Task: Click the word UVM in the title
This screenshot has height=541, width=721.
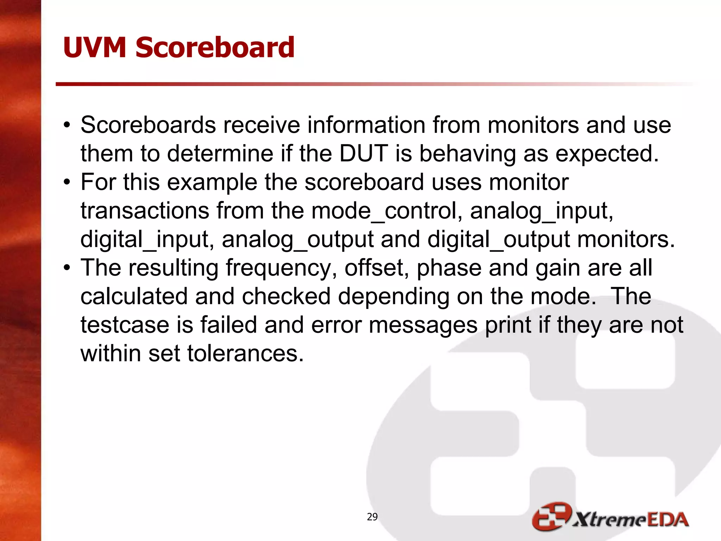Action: tap(94, 48)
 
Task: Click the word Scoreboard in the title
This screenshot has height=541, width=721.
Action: tap(215, 48)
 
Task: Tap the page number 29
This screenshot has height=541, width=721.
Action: tap(372, 517)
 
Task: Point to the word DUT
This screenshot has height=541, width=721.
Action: tap(364, 154)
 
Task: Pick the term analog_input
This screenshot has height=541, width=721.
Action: tap(541, 211)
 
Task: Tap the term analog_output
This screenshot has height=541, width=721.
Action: tap(297, 239)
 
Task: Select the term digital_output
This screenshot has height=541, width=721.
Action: tap(499, 239)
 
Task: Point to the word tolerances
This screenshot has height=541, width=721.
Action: tap(245, 353)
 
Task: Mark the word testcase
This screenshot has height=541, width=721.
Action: tap(125, 325)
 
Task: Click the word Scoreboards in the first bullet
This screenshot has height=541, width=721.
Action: tap(148, 125)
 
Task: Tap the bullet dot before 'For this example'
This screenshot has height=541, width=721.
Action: tap(67, 182)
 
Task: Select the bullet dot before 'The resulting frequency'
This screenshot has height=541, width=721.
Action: tap(67, 268)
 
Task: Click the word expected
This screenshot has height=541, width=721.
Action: tap(607, 154)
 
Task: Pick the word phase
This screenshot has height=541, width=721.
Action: tap(449, 268)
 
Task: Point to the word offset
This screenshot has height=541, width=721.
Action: tap(376, 268)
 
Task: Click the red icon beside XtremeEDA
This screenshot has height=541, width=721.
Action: tap(551, 517)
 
